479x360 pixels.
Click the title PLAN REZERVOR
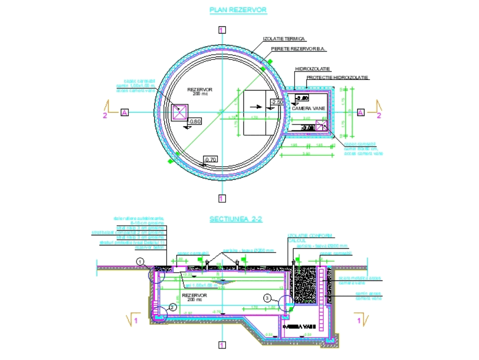(239, 10)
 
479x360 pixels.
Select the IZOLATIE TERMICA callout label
(285, 38)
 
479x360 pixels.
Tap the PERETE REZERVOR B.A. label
(295, 49)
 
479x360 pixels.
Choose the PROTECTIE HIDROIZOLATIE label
(337, 78)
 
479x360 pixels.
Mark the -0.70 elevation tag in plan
(210, 159)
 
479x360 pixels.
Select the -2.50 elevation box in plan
(277, 102)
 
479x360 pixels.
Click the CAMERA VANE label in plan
(308, 108)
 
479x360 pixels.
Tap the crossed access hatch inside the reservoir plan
(180, 112)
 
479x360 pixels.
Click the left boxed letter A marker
(125, 112)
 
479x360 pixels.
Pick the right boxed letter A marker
(361, 112)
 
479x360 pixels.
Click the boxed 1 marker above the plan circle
(221, 30)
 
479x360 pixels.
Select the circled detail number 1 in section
(139, 261)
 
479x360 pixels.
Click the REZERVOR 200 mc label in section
(194, 297)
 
